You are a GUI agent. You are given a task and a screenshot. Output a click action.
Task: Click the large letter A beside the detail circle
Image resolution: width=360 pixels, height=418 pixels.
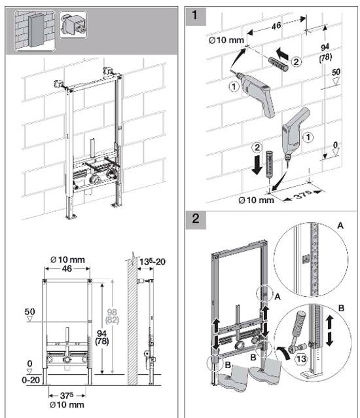click(x=339, y=224)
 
